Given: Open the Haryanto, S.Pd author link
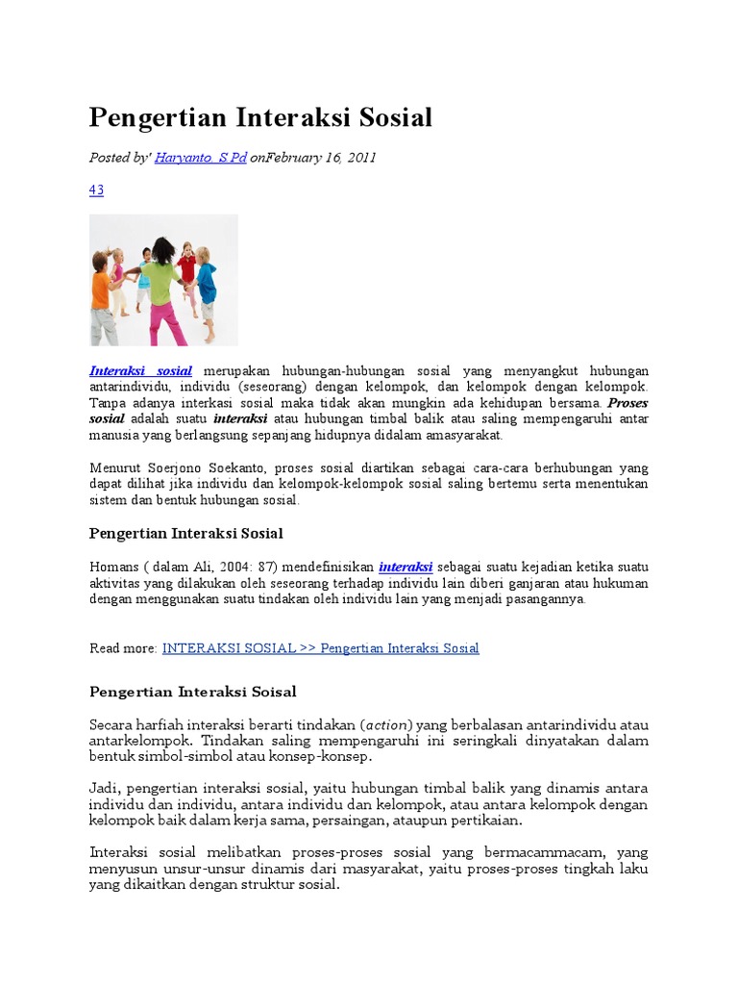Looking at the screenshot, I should (201, 158).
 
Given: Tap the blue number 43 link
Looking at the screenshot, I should (96, 190).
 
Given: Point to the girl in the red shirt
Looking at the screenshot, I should (187, 274).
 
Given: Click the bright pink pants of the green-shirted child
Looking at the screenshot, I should (165, 317).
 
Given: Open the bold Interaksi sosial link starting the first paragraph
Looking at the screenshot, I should (140, 371).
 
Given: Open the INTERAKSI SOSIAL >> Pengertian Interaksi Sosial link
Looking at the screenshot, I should (320, 648).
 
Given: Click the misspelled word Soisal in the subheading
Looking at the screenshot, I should (274, 692).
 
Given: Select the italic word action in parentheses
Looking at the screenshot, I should (385, 723).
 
